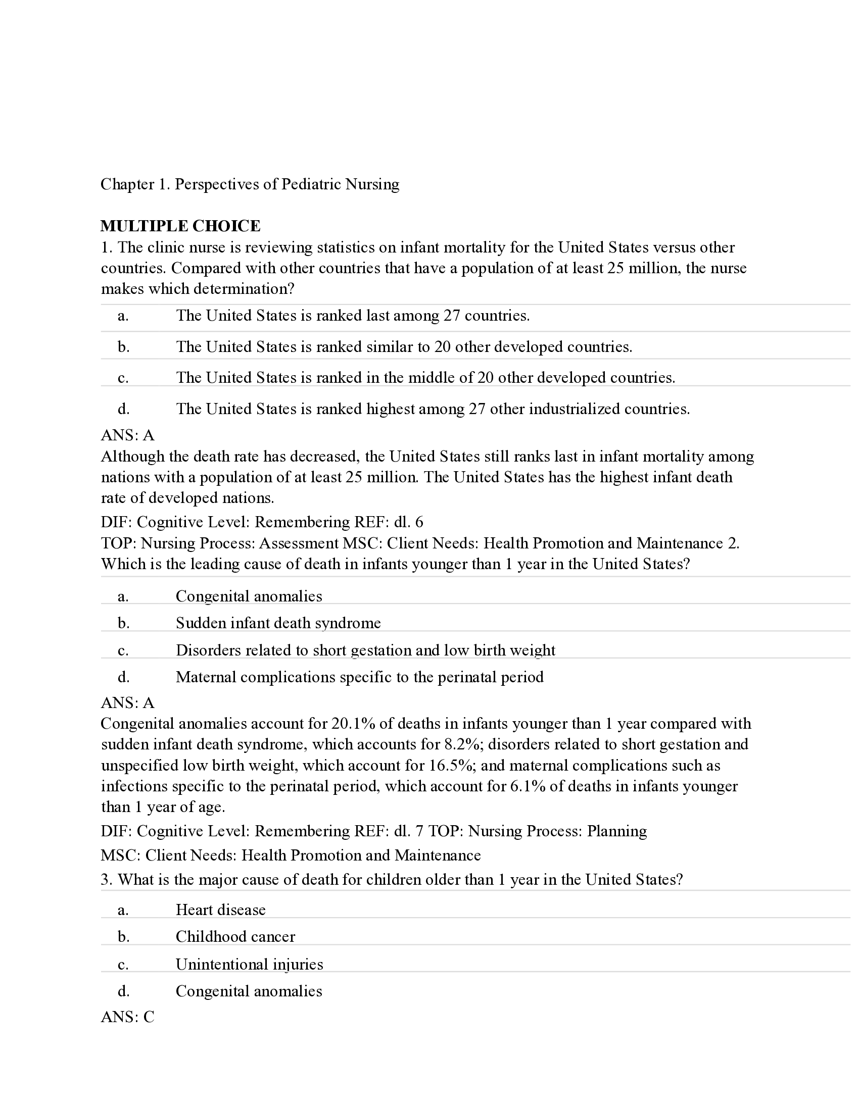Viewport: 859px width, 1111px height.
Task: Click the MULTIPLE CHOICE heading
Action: [180, 226]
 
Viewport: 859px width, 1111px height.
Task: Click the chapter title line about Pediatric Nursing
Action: [249, 184]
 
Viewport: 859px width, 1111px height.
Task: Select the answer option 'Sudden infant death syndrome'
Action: [278, 623]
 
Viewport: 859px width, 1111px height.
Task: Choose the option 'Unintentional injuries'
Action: [249, 964]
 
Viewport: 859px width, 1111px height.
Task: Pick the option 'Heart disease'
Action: [220, 910]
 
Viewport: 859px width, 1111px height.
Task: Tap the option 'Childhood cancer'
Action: [235, 936]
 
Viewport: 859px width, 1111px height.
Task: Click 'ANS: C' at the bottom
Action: [127, 1017]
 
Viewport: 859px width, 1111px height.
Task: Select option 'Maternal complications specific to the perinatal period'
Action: [359, 677]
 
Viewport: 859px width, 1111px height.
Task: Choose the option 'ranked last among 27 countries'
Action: [353, 316]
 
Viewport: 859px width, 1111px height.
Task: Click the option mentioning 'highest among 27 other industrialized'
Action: [433, 409]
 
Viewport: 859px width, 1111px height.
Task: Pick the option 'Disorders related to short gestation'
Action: [365, 650]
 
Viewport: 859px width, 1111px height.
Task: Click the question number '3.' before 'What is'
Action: [106, 880]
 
